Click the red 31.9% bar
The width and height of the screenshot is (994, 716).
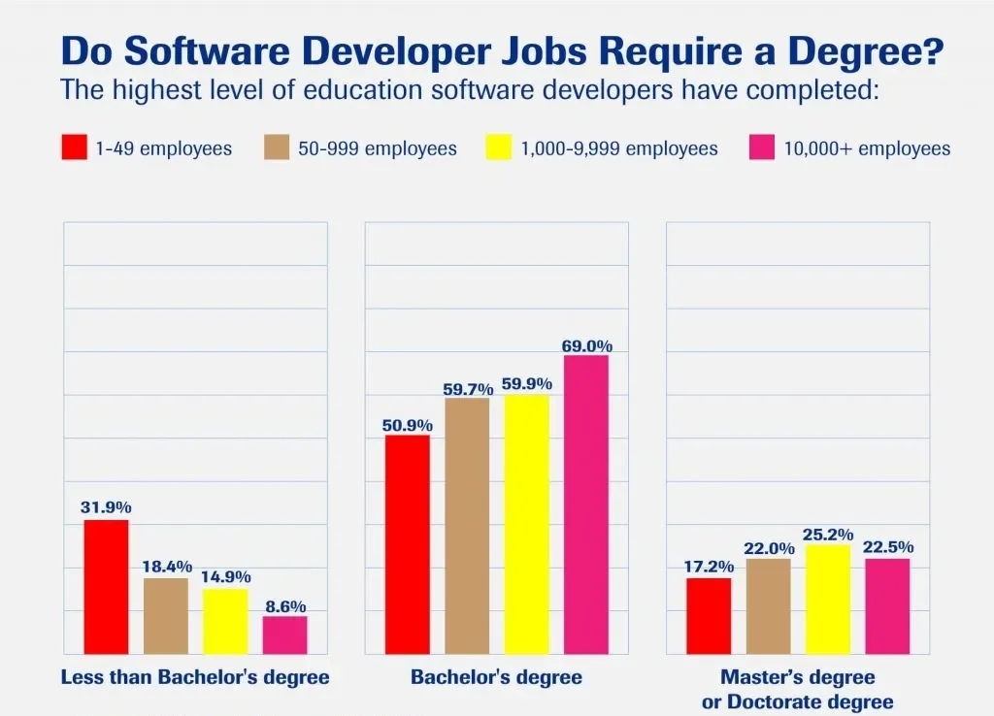pyautogui.click(x=106, y=587)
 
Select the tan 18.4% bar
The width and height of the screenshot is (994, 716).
pyautogui.click(x=166, y=616)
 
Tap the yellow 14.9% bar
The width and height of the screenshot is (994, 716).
pyautogui.click(x=224, y=621)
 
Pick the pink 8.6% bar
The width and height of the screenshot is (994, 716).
pyautogui.click(x=284, y=635)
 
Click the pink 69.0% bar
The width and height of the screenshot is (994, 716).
pyautogui.click(x=585, y=504)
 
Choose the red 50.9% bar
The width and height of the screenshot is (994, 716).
pyautogui.click(x=407, y=544)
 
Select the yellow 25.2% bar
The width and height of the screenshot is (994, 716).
pyautogui.click(x=828, y=599)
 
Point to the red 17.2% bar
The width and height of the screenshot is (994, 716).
pyautogui.click(x=709, y=616)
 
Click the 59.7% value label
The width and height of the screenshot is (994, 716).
pyautogui.click(x=468, y=389)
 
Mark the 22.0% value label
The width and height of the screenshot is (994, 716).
pyautogui.click(x=769, y=548)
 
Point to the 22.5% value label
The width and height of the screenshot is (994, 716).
pyautogui.click(x=888, y=547)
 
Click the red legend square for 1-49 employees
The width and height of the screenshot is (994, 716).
pyautogui.click(x=74, y=148)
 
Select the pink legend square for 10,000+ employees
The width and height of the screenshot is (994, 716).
pyautogui.click(x=762, y=148)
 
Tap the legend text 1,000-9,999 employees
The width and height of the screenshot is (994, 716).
pyautogui.click(x=619, y=148)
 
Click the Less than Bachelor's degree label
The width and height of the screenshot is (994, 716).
pyautogui.click(x=195, y=677)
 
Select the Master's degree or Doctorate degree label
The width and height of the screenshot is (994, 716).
pyautogui.click(x=797, y=689)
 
